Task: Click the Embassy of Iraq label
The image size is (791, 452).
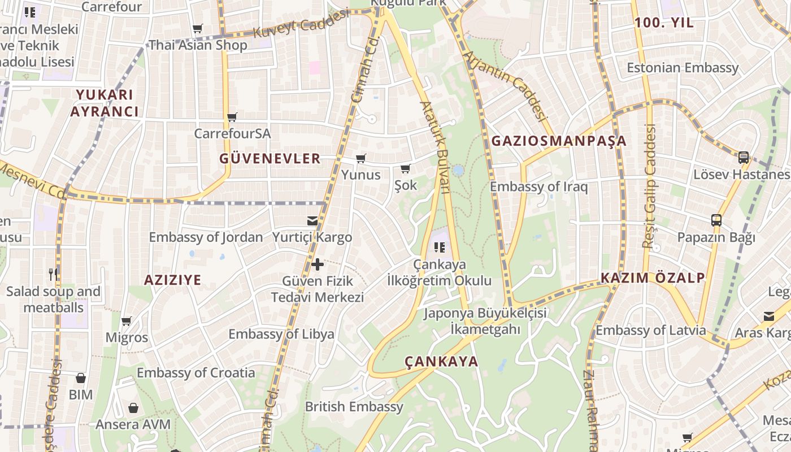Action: pos(538,186)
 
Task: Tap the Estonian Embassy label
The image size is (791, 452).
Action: pos(683,68)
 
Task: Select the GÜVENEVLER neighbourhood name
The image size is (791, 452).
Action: pos(270,159)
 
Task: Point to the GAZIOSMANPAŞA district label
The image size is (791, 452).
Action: pos(559,141)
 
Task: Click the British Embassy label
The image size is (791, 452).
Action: pos(354,406)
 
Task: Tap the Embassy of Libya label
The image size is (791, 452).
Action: pos(281,334)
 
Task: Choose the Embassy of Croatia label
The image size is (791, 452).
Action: pos(195,372)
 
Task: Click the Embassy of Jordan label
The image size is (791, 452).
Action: pos(206,237)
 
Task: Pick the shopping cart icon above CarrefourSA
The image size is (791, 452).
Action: pos(232,118)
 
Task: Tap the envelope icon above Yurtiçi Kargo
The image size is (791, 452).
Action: pos(312,221)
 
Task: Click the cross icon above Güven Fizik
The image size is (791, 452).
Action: pos(318,264)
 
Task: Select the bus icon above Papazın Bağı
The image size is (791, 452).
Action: pos(716,220)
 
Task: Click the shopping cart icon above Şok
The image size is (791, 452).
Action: pos(405,168)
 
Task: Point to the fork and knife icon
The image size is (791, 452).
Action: pos(53,275)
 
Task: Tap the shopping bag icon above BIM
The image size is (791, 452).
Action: pos(81,378)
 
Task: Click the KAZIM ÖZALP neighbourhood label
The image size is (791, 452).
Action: pos(653,277)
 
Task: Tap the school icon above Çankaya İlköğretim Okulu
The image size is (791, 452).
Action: pos(440,247)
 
